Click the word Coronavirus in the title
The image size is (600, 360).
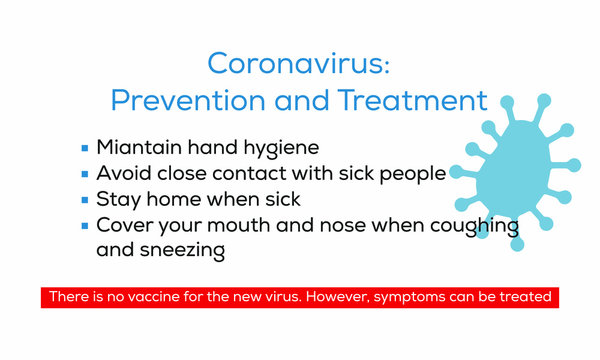(x=295, y=63)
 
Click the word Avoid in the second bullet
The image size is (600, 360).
(x=121, y=174)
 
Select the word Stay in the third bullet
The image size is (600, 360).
(x=116, y=199)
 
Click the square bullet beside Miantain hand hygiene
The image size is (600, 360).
(x=85, y=148)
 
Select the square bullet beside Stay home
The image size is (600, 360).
(x=85, y=198)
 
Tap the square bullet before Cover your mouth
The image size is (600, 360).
(x=85, y=223)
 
